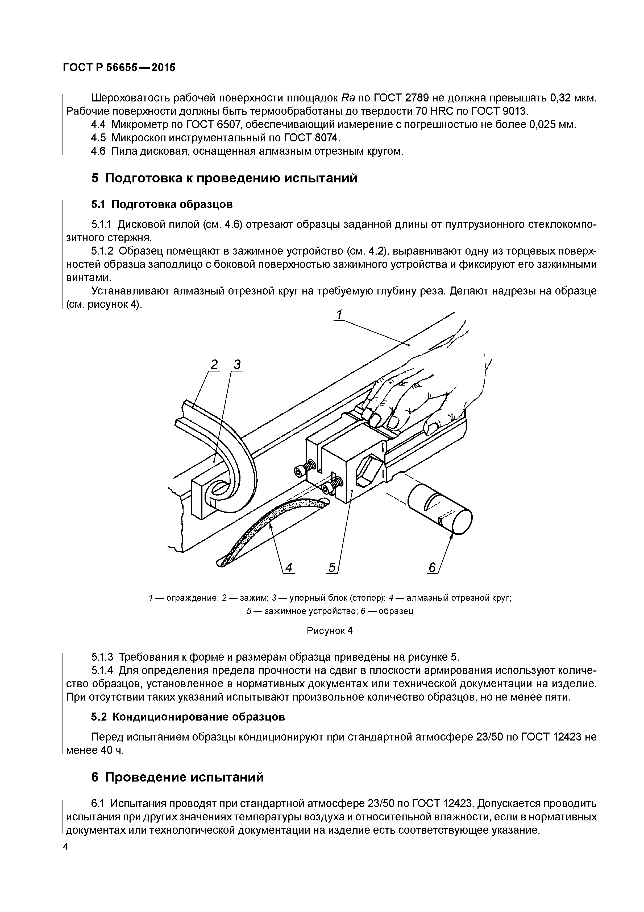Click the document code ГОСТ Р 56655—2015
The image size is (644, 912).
tap(119, 68)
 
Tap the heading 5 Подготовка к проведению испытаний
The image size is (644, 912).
tap(224, 178)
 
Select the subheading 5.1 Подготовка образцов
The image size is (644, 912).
tap(162, 204)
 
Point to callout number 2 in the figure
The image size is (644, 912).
tap(214, 364)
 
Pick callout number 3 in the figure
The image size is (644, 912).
tap(237, 364)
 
